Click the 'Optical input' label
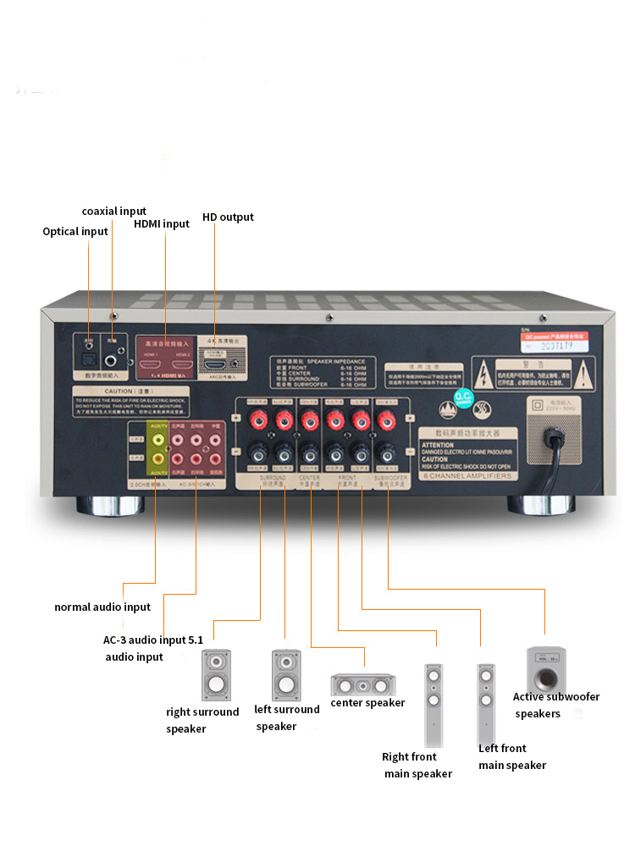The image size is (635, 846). (x=75, y=231)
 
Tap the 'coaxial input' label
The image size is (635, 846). (x=113, y=211)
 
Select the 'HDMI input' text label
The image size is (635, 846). (x=162, y=224)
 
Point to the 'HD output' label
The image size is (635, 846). (x=228, y=217)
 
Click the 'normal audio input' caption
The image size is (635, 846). (x=102, y=607)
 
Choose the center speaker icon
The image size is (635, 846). (x=362, y=683)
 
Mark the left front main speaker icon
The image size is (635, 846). (x=485, y=701)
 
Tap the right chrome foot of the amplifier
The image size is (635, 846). (x=539, y=506)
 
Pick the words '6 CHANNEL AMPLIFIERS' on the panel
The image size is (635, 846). (x=467, y=476)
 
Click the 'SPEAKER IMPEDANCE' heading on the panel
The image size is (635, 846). (x=333, y=360)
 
